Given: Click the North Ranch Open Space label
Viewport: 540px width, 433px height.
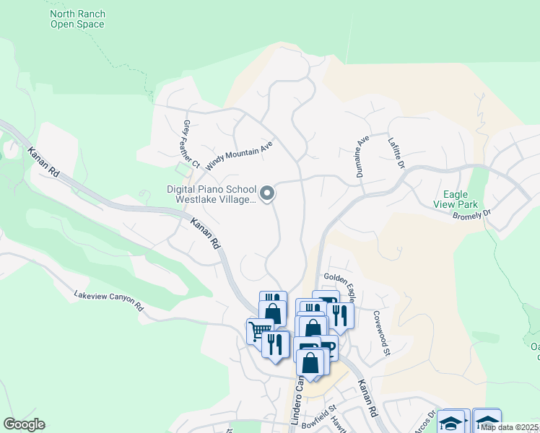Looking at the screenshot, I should [x=77, y=19].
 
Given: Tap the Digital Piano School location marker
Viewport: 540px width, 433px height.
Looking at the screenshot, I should [x=267, y=193].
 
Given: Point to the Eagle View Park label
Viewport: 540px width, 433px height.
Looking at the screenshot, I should [x=456, y=200].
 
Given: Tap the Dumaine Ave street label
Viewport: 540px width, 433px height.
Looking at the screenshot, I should [x=363, y=149].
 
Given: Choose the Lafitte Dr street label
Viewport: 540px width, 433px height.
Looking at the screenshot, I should [x=396, y=153].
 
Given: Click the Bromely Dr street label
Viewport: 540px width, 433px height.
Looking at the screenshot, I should [x=471, y=214].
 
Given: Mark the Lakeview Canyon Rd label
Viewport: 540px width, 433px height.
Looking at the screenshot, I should [x=108, y=300].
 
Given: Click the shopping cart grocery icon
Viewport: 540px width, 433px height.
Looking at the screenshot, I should [x=259, y=331].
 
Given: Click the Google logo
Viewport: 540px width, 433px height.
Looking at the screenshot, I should [x=24, y=424].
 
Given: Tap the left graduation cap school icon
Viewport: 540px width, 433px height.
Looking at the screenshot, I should [x=452, y=422].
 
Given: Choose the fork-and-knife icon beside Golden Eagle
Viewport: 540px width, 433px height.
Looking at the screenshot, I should [x=340, y=315].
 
